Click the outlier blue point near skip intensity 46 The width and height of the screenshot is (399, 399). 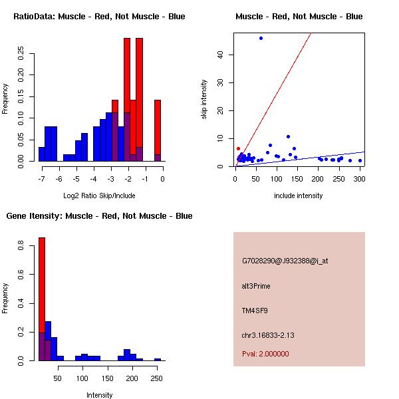pos(261,38)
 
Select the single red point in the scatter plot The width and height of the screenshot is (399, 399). pos(238,148)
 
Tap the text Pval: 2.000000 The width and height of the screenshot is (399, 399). pos(265,354)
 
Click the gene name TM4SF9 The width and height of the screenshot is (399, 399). pos(255,310)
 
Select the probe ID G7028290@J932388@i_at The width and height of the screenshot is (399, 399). pos(285,261)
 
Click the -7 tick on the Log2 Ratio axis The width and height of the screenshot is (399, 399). pos(41,179)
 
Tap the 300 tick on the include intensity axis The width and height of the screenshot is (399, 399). pos(360,178)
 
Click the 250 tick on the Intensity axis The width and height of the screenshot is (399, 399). pos(157,378)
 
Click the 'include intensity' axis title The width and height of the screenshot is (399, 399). pos(298,196)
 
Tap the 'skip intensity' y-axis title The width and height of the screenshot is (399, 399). pos(204,100)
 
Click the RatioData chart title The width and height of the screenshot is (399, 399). pos(99,16)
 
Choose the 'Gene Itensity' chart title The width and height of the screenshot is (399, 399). pos(99,216)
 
